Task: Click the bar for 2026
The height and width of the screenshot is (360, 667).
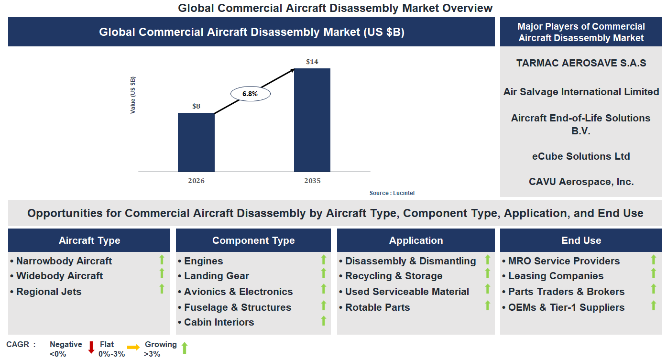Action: [x=196, y=142]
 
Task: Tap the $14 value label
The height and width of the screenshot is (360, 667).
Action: [x=312, y=62]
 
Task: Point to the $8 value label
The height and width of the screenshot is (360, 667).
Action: [x=196, y=106]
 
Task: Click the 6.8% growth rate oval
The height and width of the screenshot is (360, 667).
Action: [x=250, y=94]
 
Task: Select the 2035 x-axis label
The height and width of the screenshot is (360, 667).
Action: [x=312, y=181]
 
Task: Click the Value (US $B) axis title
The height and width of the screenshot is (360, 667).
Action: [x=133, y=95]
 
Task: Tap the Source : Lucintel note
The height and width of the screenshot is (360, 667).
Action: [x=392, y=193]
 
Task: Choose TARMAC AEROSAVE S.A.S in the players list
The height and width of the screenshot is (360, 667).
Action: [x=581, y=63]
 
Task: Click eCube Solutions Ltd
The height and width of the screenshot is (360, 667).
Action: [x=581, y=156]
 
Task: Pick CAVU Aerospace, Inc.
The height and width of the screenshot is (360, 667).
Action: [x=581, y=182]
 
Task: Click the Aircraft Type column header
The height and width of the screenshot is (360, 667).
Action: [x=89, y=240]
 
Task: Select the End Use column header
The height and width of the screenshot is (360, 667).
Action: [x=581, y=240]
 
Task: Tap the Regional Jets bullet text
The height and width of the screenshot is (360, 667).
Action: [x=49, y=292]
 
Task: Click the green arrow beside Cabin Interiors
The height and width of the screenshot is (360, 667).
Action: [x=324, y=321]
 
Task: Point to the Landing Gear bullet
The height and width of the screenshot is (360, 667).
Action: [x=216, y=276]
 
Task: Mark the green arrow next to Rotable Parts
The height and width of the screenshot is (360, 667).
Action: [x=488, y=305]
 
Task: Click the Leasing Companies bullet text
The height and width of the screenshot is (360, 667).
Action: [x=556, y=276]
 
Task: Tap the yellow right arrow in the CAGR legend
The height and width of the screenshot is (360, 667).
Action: [x=133, y=348]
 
